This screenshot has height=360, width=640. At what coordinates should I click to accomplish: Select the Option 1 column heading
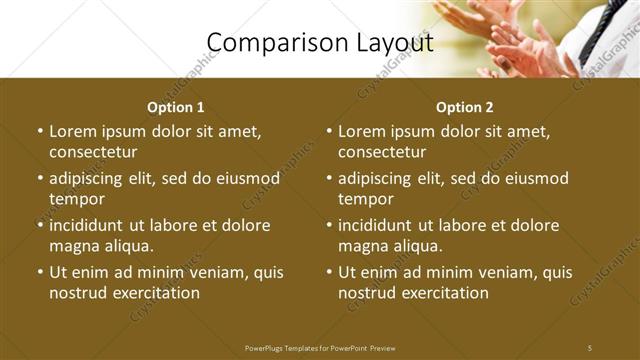(176, 107)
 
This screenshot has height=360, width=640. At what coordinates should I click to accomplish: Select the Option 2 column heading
(465, 107)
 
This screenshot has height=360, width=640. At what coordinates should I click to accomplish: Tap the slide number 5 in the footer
(590, 347)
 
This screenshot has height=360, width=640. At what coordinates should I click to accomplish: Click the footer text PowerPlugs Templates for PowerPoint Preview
(320, 347)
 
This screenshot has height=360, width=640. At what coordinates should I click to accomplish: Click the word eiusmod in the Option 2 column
(534, 178)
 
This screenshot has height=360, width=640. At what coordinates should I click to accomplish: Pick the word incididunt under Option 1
(93, 225)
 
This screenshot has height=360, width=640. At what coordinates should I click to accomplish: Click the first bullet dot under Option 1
(40, 131)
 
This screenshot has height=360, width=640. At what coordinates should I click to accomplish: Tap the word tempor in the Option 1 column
(77, 199)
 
